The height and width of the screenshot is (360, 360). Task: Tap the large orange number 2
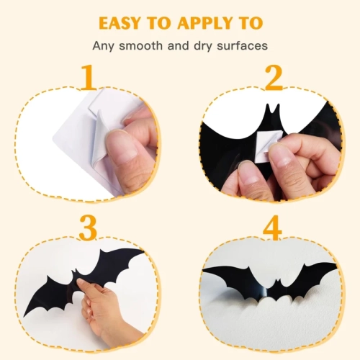273,78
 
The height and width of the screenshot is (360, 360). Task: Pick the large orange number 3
88,228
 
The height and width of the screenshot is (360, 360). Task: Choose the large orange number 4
274,228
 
